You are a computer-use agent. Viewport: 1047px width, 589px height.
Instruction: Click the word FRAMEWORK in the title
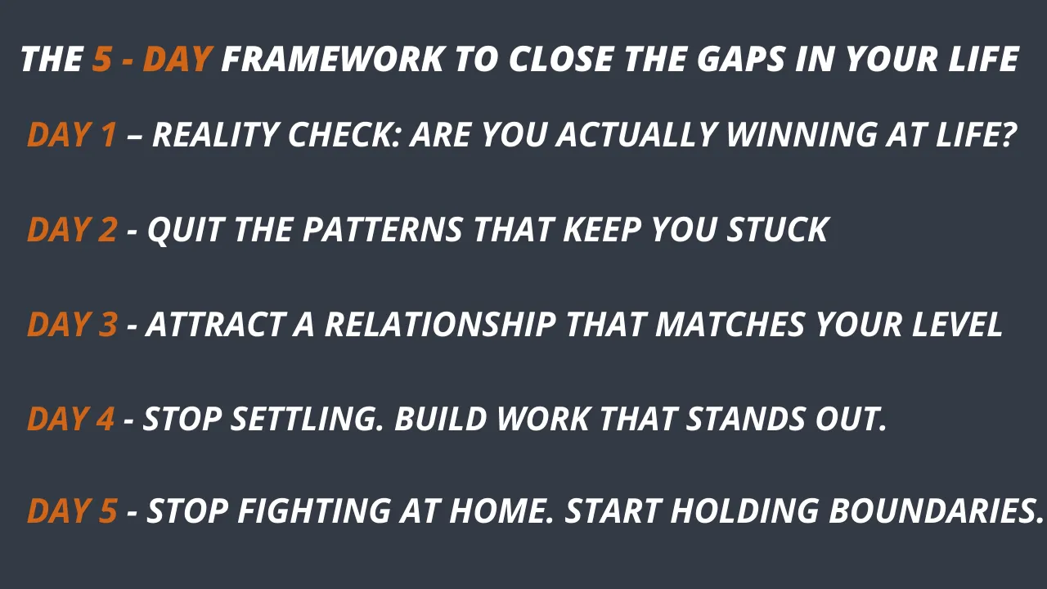pyautogui.click(x=332, y=60)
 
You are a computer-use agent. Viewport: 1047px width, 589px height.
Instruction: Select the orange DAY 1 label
pyautogui.click(x=71, y=135)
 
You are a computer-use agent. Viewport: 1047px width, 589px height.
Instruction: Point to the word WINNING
pyautogui.click(x=802, y=135)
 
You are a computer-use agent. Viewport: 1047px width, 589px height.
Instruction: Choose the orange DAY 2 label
pyautogui.click(x=72, y=230)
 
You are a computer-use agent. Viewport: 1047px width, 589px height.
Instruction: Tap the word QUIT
pyautogui.click(x=186, y=231)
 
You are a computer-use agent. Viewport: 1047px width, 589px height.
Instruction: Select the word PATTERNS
pyautogui.click(x=383, y=230)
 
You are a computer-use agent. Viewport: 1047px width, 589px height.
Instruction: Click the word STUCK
pyautogui.click(x=778, y=230)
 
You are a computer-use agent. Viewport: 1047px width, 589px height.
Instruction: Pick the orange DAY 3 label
pyautogui.click(x=72, y=325)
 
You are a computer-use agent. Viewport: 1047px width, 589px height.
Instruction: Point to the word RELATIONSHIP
pyautogui.click(x=440, y=325)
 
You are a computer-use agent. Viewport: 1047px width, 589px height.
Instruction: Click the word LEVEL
pyautogui.click(x=957, y=325)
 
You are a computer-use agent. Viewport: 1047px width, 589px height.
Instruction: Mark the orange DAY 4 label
pyautogui.click(x=70, y=418)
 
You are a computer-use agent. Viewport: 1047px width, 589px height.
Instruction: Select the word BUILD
pyautogui.click(x=441, y=418)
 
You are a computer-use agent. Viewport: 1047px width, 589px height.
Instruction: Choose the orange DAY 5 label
pyautogui.click(x=72, y=510)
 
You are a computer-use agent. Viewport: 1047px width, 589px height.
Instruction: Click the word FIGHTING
pyautogui.click(x=314, y=510)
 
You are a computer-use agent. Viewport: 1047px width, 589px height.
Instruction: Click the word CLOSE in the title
pyautogui.click(x=561, y=60)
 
